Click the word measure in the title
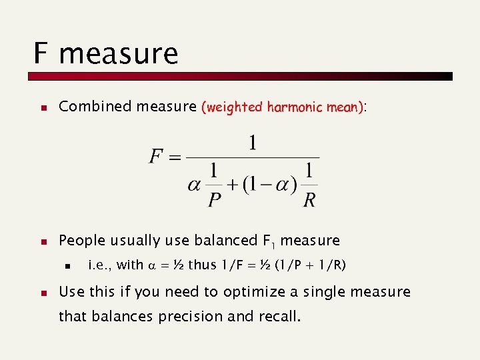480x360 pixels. pos(119,55)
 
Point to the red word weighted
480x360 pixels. pos(235,107)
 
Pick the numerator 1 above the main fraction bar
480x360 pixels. pos(253,143)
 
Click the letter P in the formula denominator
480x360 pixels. pos(214,199)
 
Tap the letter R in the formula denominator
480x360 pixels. pos(309,199)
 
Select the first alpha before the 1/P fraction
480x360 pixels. pos(194,185)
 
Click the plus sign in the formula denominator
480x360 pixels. pos(233,185)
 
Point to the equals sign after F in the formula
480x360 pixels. pos(175,158)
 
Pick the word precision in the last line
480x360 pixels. pos(190,316)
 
